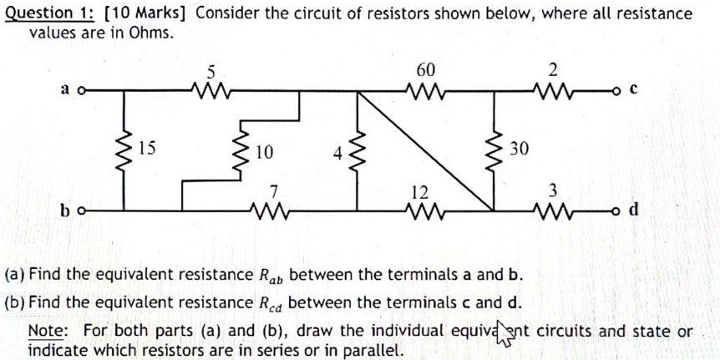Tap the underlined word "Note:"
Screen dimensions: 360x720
tap(48, 331)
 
